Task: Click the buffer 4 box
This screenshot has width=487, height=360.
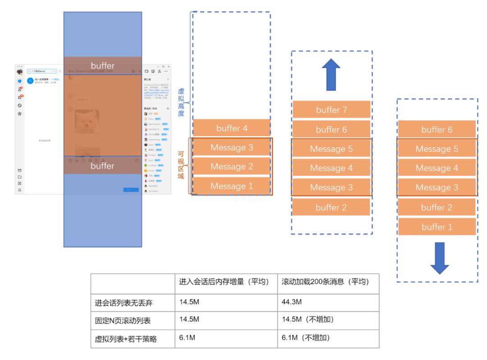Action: click(232, 128)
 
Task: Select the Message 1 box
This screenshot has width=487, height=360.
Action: click(232, 186)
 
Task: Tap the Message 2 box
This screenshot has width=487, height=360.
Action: click(232, 166)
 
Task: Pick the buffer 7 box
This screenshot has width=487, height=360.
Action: click(331, 110)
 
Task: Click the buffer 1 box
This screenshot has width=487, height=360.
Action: click(436, 227)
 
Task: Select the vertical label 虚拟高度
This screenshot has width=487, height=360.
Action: click(181, 102)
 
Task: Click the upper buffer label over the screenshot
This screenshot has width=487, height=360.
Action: click(103, 66)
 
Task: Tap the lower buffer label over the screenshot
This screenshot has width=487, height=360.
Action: click(103, 166)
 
